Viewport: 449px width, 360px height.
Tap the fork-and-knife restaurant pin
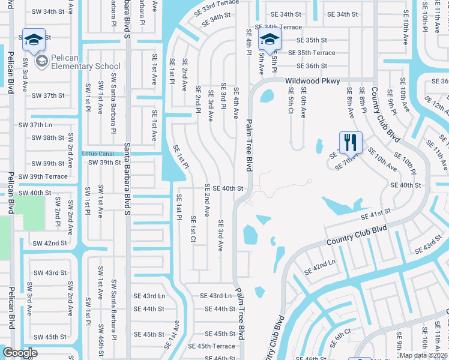[x=351, y=143]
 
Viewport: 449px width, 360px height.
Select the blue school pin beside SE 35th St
[x=270, y=41]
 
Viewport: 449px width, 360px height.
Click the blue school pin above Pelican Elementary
[x=34, y=39]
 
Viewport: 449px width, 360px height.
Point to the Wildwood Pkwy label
[x=312, y=81]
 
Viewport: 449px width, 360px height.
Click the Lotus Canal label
[x=98, y=154]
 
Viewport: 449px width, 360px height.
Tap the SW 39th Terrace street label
[x=43, y=176]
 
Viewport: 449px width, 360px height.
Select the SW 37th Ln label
[x=35, y=125]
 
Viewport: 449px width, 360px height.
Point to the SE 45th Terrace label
[x=216, y=346]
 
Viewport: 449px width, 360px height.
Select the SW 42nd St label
[x=49, y=243]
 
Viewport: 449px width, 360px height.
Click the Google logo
[x=20, y=353]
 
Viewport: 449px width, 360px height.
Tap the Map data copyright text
[x=424, y=355]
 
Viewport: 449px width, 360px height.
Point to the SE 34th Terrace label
[x=279, y=27]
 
